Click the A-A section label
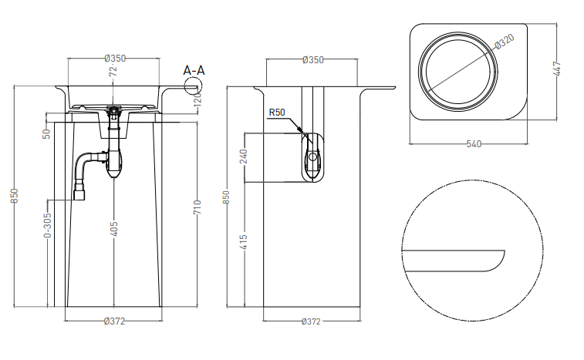(x=194, y=70)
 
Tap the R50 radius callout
(x=277, y=112)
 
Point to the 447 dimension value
(x=558, y=69)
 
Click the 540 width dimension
(x=474, y=143)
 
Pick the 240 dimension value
(x=244, y=156)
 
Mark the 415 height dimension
(x=244, y=242)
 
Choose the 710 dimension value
(x=197, y=207)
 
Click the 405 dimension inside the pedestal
(x=114, y=229)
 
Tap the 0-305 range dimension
(x=48, y=225)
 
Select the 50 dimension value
(x=46, y=134)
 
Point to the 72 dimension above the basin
(x=113, y=71)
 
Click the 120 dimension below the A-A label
(x=197, y=98)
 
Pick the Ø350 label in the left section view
(x=115, y=59)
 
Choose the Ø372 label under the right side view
(x=311, y=321)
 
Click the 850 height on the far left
(x=14, y=196)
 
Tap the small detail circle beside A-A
(x=194, y=86)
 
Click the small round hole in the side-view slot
(x=313, y=156)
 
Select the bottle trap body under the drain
(x=114, y=163)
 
